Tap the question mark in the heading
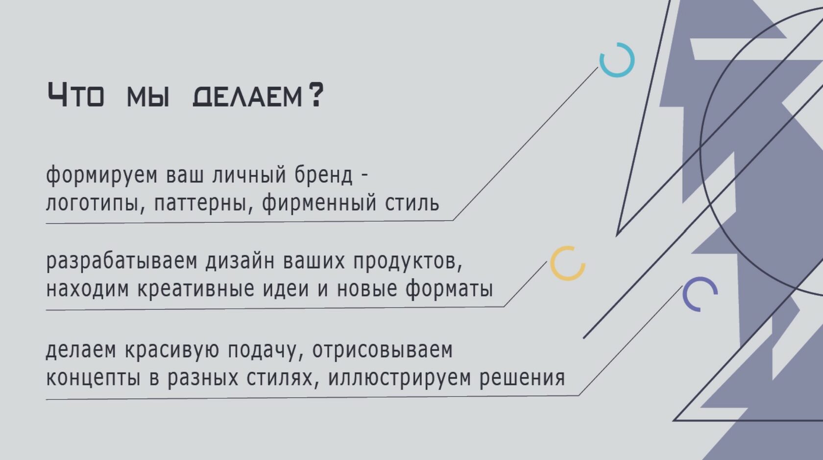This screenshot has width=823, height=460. [x=315, y=95]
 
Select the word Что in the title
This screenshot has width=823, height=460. [x=75, y=95]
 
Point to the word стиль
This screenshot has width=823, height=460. [x=412, y=203]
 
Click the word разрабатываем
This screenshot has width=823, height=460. [x=121, y=262]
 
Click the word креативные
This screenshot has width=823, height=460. [x=196, y=289]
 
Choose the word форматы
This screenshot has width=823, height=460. [x=449, y=289]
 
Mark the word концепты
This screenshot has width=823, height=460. [x=93, y=378]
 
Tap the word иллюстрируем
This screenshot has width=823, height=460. [x=399, y=378]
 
